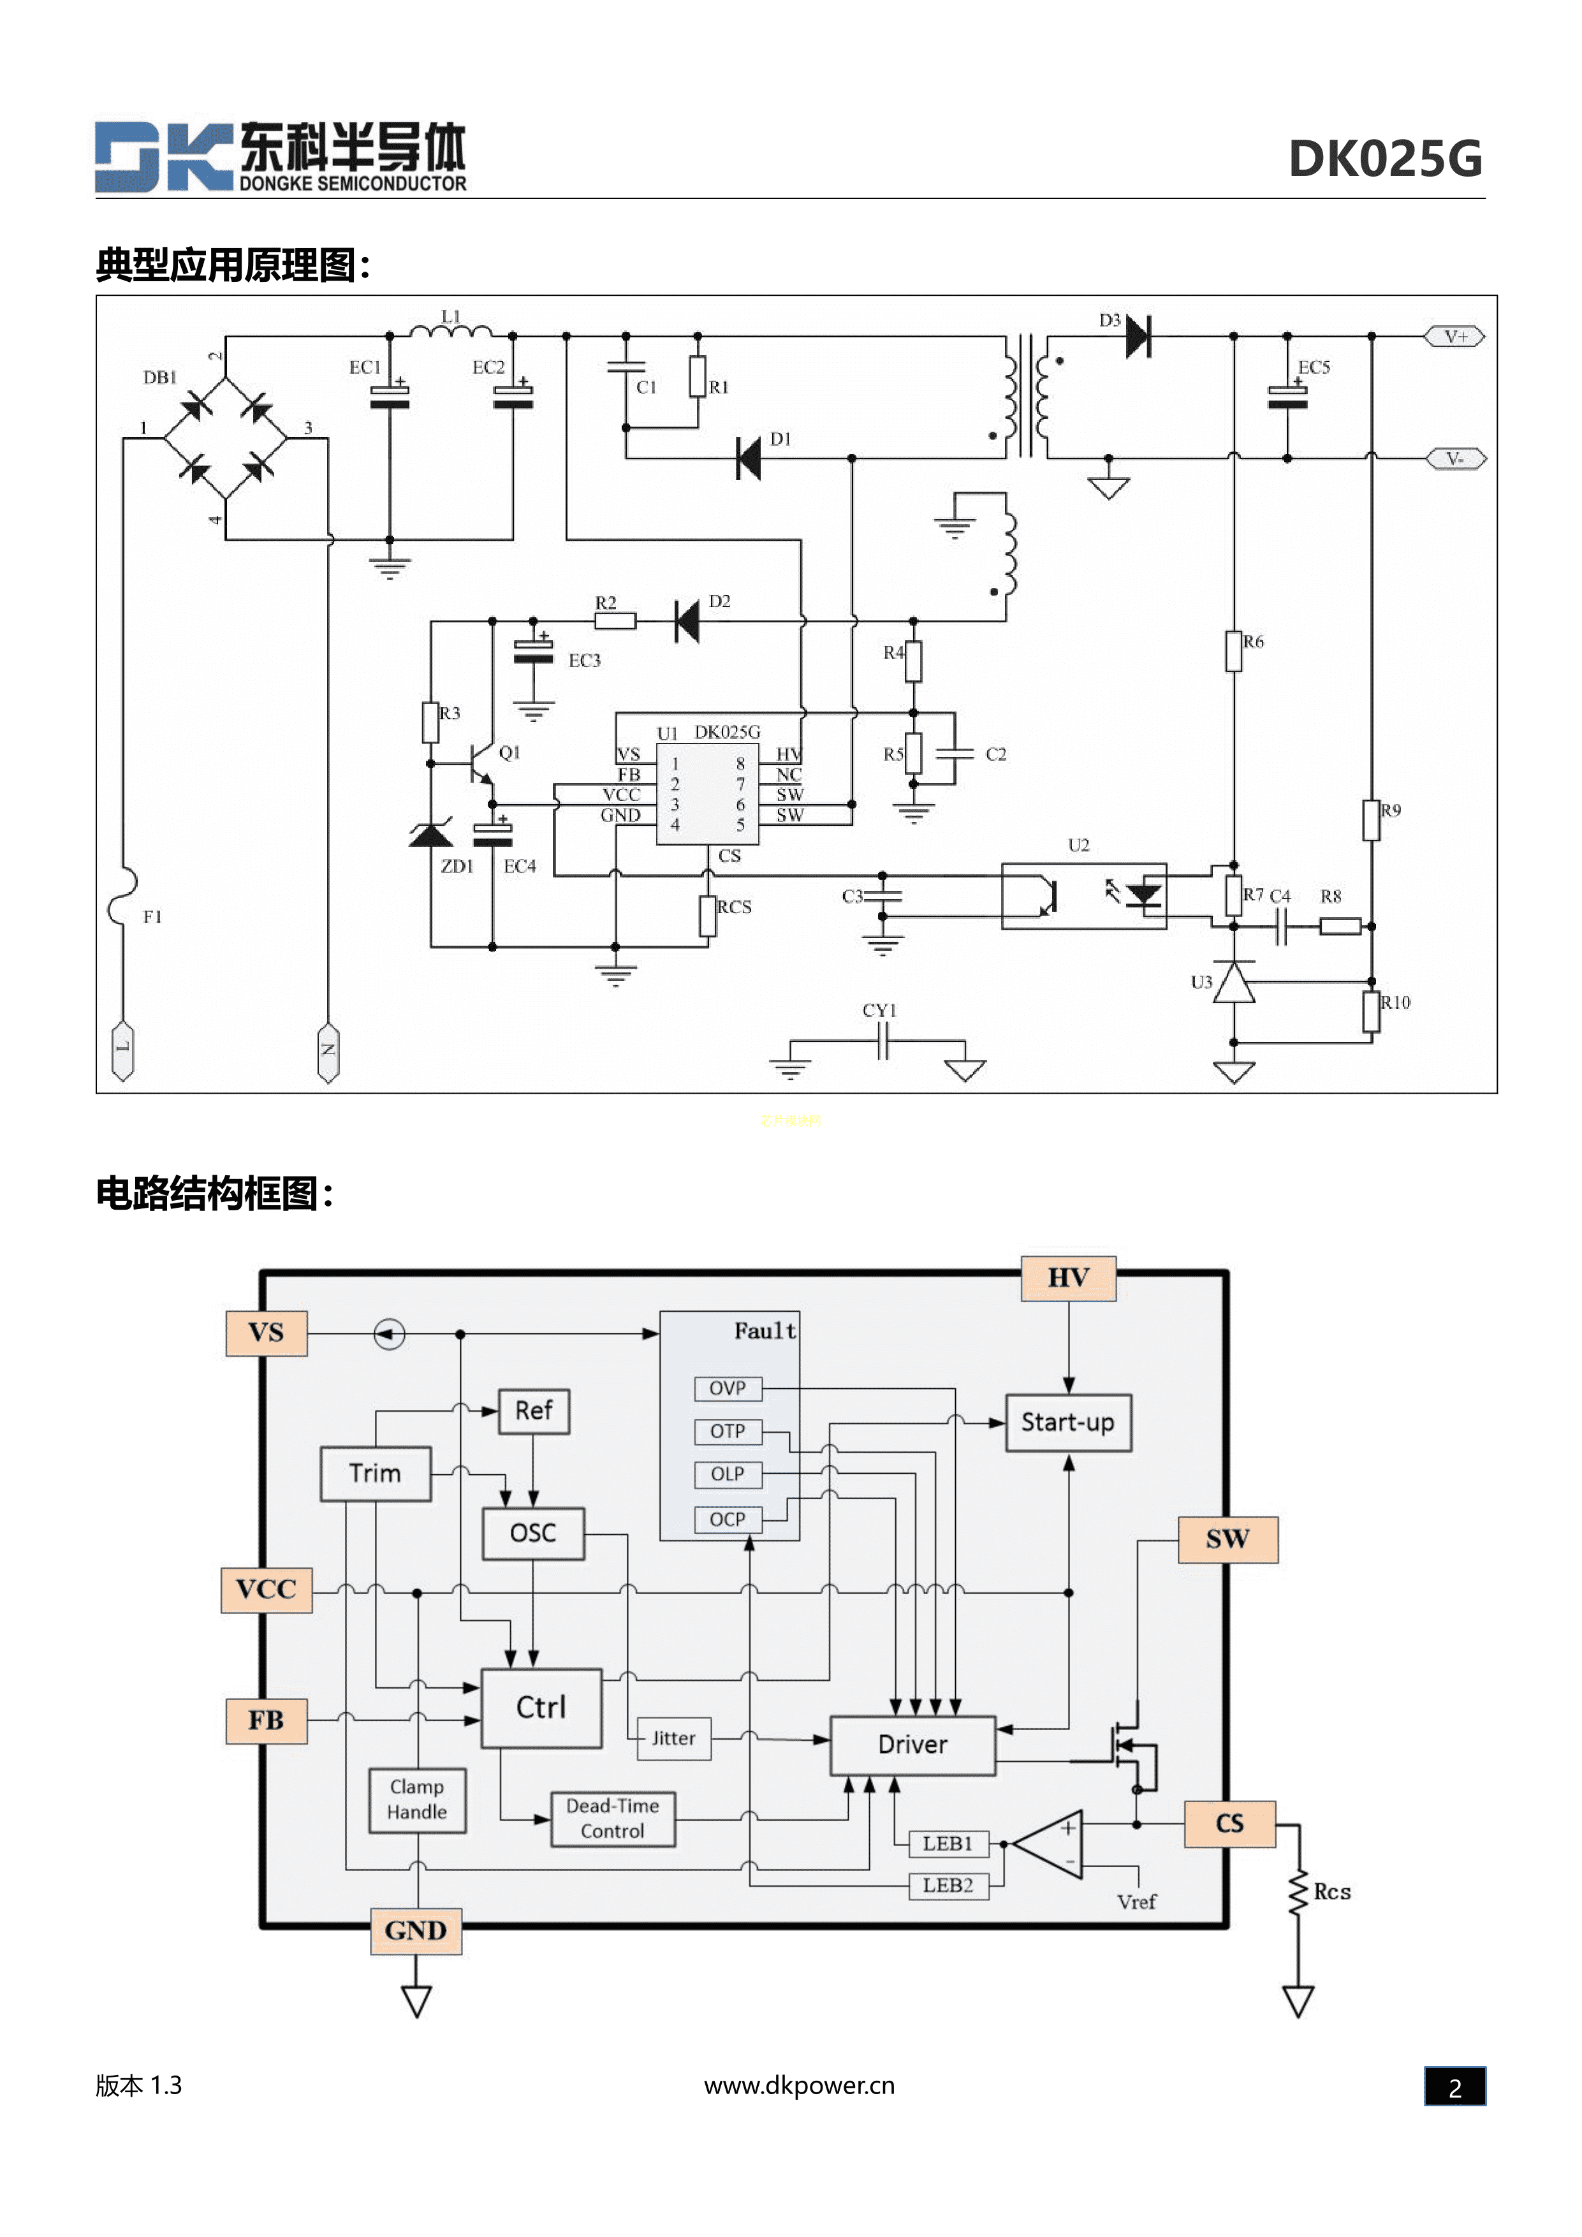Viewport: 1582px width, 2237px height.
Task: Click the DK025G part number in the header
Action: [x=1384, y=159]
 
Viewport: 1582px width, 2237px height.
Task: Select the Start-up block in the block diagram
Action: [x=1067, y=1423]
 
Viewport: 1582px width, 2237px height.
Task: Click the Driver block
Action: [x=912, y=1745]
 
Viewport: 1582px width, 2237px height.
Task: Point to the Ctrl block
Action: [x=541, y=1708]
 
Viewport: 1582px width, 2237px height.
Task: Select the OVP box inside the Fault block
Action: [x=728, y=1388]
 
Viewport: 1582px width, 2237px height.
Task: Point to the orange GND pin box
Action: [x=416, y=1931]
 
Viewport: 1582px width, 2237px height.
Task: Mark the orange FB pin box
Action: [x=266, y=1720]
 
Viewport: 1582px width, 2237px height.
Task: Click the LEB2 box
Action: [x=948, y=1885]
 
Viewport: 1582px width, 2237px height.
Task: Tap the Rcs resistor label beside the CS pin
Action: [x=1331, y=1892]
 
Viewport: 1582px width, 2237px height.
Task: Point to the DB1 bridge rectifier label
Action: [x=160, y=377]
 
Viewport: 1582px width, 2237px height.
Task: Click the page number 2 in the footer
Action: [x=1454, y=2087]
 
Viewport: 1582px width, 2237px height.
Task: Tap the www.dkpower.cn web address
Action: [x=799, y=2086]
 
